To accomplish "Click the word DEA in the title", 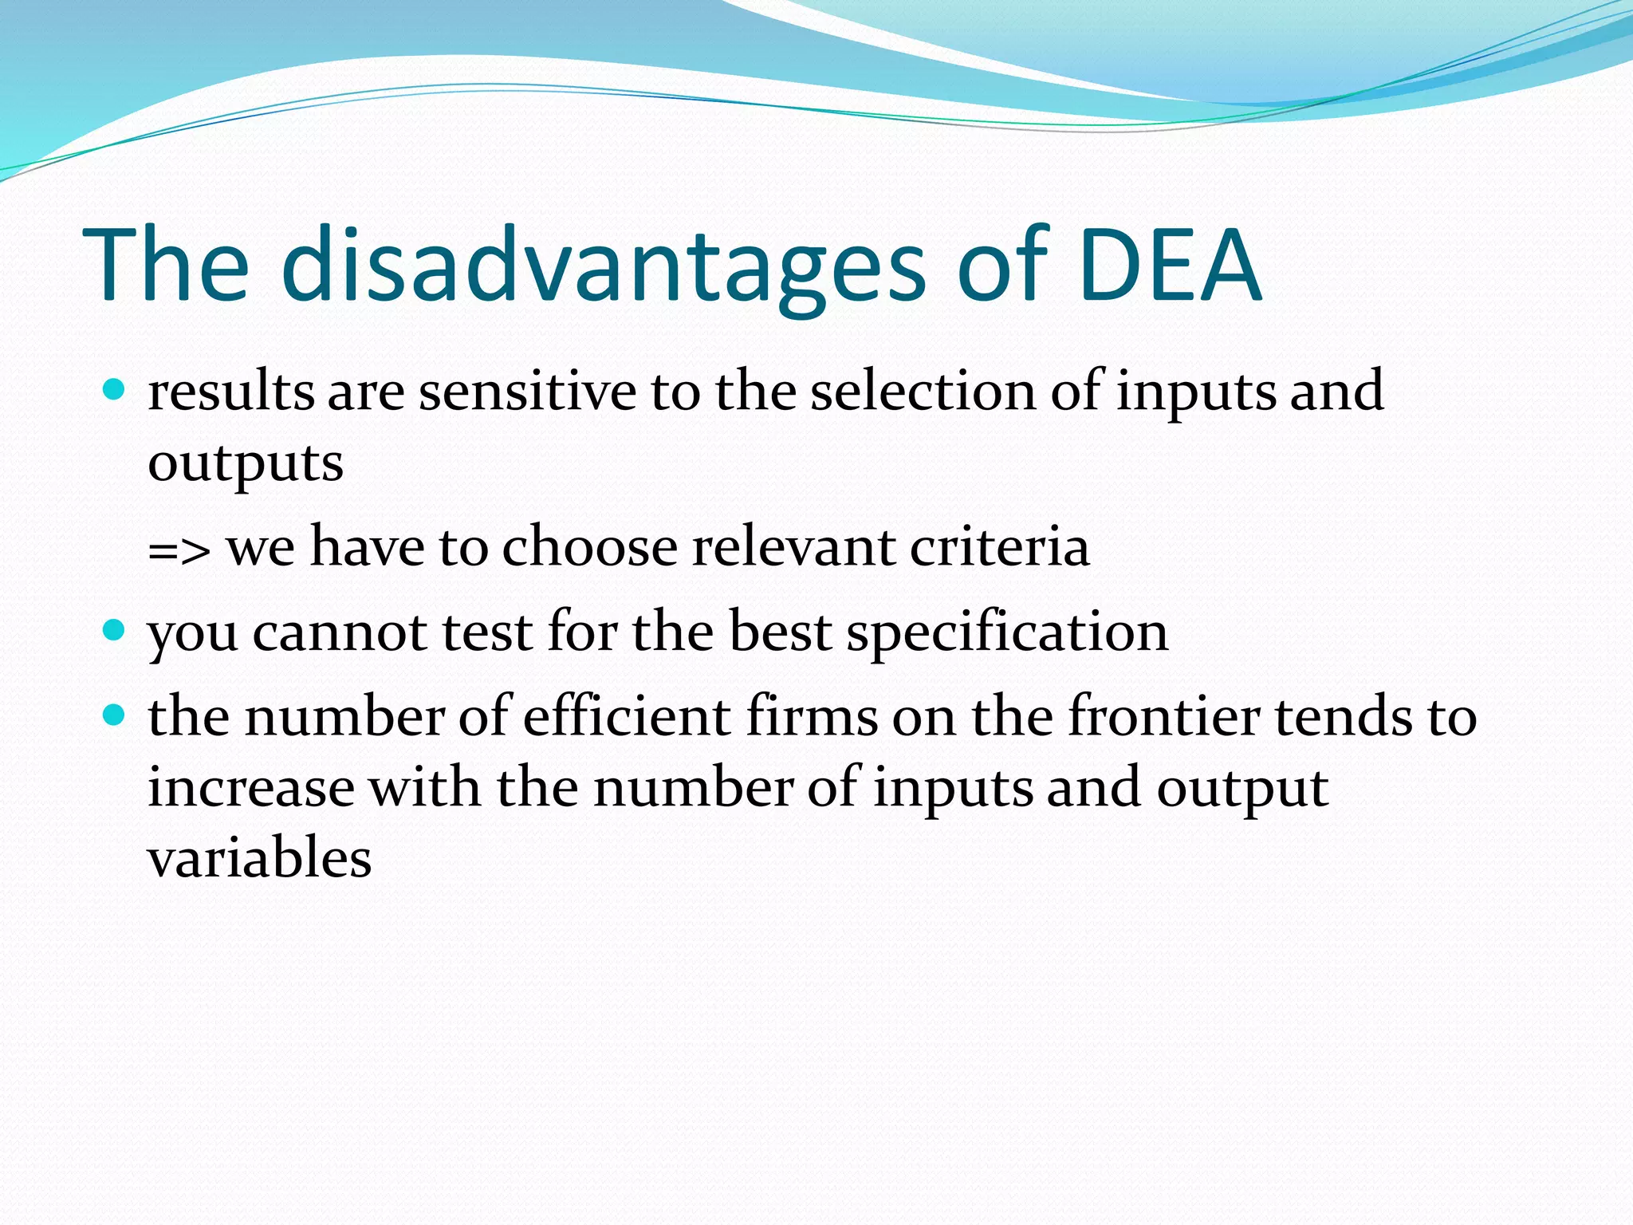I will pyautogui.click(x=1171, y=265).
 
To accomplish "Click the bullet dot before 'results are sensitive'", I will pyautogui.click(x=115, y=390).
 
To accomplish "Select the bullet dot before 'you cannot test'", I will pyautogui.click(x=115, y=631).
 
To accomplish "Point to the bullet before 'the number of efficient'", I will pyautogui.click(x=115, y=715).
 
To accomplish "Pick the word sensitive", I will pyautogui.click(x=527, y=392).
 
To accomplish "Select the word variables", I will pyautogui.click(x=260, y=858).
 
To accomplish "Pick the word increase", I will pyautogui.click(x=251, y=787).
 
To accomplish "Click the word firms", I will pyautogui.click(x=812, y=715).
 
